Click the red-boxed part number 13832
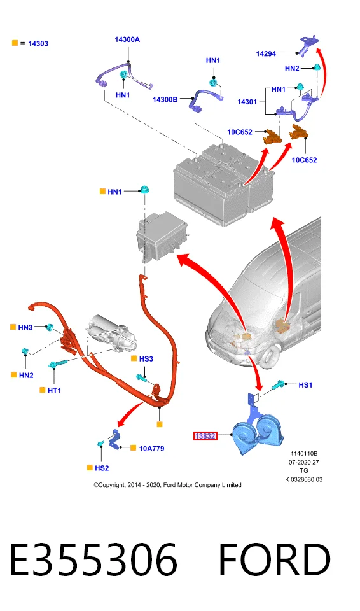pos(205,435)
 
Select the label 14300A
pos(127,39)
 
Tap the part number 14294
pos(266,53)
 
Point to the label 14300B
pos(165,100)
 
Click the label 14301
pos(247,102)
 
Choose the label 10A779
pos(151,449)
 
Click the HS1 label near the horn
pos(305,385)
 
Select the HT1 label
pos(54,390)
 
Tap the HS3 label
pos(146,359)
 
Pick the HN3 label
pos(25,327)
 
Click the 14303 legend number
pos(38,44)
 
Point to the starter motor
pos(113,332)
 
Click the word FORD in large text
pos(275,560)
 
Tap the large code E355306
pos(93,560)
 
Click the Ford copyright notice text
pos(167,485)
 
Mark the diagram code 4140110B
pos(304,454)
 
